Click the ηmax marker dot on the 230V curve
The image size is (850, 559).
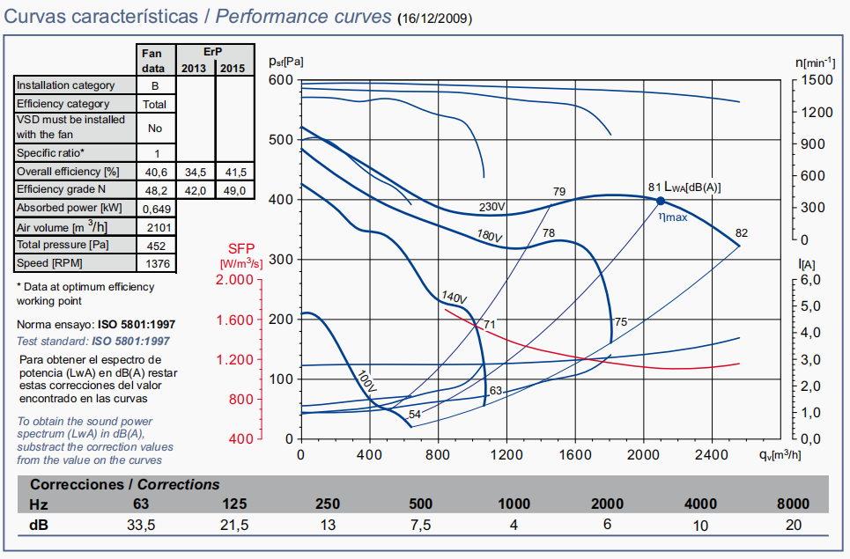661,201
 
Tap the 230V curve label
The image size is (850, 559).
492,208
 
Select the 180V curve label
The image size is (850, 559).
490,237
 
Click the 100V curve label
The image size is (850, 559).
366,381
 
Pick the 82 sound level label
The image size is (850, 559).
741,232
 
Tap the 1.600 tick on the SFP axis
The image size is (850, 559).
233,320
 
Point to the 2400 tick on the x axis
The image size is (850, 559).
712,455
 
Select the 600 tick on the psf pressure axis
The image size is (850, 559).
280,80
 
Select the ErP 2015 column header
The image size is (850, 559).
233,69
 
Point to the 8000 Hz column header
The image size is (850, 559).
792,504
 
